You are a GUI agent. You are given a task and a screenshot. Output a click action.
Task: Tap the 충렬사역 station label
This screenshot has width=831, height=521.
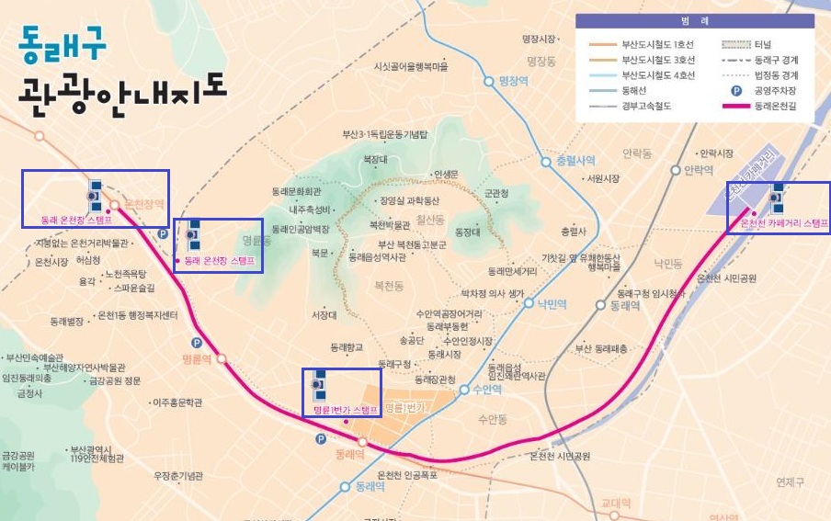tap(575, 161)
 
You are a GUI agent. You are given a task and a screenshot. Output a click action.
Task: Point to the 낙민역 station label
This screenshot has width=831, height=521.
tap(552, 302)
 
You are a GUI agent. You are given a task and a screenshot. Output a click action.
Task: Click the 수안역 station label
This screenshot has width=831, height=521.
tap(486, 389)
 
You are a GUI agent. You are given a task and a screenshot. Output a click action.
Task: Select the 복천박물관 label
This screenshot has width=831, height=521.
tap(388, 224)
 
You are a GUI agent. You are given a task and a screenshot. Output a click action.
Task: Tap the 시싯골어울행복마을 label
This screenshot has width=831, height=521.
tap(410, 67)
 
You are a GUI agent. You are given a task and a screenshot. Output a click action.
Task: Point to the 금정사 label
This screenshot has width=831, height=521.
tap(29, 393)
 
